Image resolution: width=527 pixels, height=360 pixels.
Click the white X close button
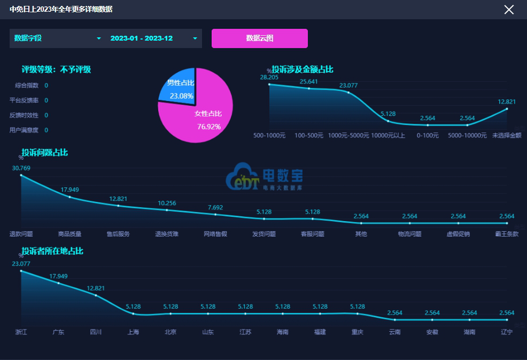(509, 9)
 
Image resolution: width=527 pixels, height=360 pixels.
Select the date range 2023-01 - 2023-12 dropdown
(153, 38)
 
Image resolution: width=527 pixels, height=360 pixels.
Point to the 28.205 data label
(269, 77)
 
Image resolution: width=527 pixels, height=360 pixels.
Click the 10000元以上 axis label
(388, 135)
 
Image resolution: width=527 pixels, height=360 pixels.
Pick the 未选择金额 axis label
(507, 135)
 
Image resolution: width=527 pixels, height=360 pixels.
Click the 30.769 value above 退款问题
(21, 168)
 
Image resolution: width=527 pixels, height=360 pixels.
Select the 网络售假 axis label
(215, 234)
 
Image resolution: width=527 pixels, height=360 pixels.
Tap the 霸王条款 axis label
(507, 234)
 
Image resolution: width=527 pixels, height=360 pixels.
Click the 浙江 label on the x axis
(21, 332)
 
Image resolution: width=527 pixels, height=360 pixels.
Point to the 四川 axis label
(96, 332)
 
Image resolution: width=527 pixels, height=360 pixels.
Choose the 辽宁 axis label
(507, 332)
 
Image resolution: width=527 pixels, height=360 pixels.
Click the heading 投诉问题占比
(45, 153)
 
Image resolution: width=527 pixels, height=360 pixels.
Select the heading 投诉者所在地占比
(52, 251)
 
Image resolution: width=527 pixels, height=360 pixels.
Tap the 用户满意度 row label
(24, 130)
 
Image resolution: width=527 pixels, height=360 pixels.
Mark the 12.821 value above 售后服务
(118, 199)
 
